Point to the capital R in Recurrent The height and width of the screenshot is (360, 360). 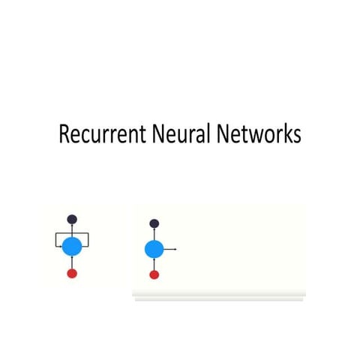tap(64, 134)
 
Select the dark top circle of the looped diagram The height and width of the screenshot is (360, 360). tap(72, 220)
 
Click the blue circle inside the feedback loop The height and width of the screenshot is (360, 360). tap(72, 246)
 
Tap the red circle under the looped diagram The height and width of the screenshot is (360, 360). tap(72, 273)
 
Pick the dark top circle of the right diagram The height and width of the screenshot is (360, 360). tap(154, 223)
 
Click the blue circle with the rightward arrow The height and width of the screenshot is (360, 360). tap(154, 250)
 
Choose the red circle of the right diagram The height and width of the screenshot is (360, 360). tap(154, 275)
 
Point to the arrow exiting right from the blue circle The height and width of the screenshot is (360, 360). tap(171, 249)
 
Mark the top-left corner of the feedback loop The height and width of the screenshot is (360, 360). tap(55, 234)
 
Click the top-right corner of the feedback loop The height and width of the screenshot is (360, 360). tap(89, 234)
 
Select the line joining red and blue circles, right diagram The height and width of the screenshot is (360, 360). tap(154, 265)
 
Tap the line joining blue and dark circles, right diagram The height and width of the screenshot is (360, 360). tap(154, 234)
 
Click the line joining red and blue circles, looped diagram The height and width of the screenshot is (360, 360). tap(72, 262)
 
